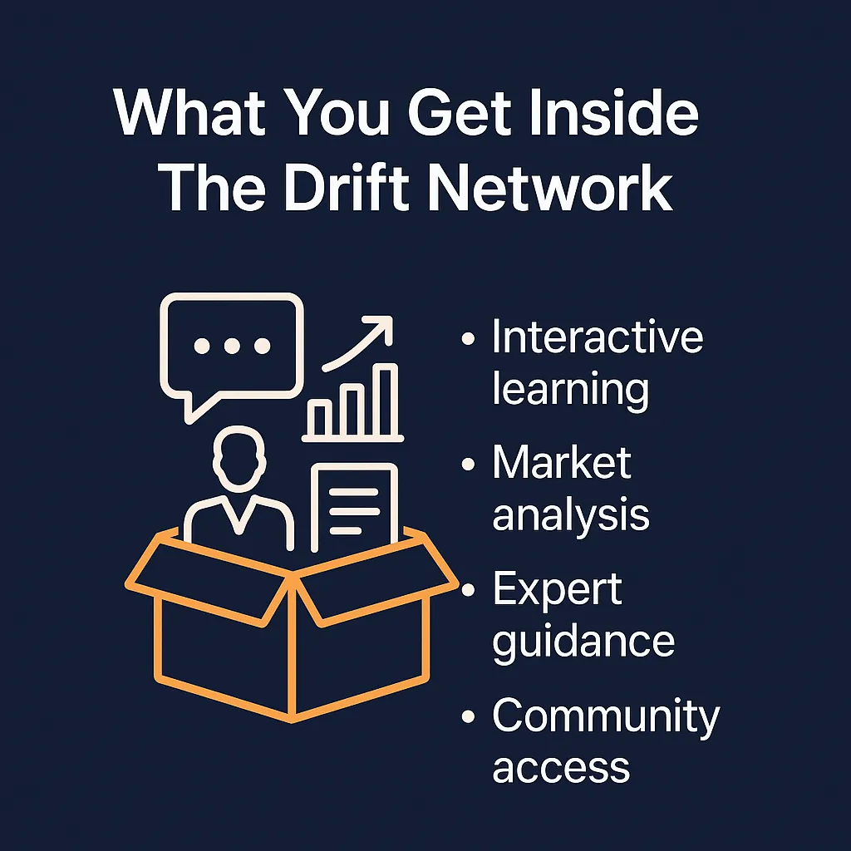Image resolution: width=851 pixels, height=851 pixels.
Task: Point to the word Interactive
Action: (597, 339)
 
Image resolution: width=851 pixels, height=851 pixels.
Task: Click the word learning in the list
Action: (570, 389)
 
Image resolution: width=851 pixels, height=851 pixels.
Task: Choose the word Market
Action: (561, 464)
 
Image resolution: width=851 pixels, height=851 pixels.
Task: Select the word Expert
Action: (557, 591)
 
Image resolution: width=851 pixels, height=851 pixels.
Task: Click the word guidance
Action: (583, 642)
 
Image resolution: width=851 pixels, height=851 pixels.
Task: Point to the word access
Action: (561, 767)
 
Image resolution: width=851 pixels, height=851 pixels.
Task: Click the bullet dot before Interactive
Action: (469, 340)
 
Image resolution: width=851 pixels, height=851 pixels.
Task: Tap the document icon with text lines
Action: (354, 504)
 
